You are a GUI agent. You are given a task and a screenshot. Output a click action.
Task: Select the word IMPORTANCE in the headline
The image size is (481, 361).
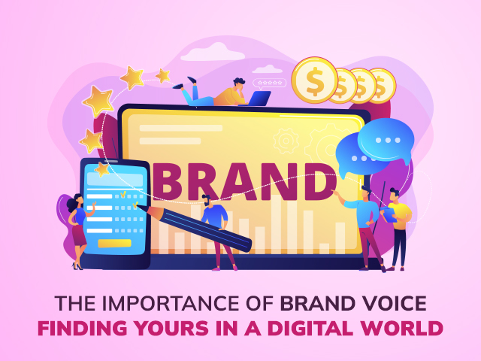pyautogui.click(x=172, y=304)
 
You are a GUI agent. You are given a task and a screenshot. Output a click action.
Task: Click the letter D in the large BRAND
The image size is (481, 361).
pyautogui.click(x=319, y=182)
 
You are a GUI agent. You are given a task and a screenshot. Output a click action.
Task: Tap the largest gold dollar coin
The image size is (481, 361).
pyautogui.click(x=315, y=80)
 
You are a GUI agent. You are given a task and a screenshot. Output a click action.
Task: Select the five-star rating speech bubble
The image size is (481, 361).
pyautogui.click(x=269, y=83)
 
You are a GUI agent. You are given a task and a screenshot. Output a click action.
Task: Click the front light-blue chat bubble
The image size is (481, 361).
pyautogui.click(x=386, y=141)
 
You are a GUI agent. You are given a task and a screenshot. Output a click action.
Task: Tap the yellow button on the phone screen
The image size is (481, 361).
pyautogui.click(x=114, y=244)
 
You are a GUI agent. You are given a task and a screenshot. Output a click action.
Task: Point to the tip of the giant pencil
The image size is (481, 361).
pyautogui.click(x=137, y=205)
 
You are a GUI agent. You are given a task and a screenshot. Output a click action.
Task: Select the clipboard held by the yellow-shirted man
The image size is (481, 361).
pyautogui.click(x=389, y=214)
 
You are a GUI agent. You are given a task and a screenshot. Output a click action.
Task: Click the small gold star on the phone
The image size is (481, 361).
pyautogui.click(x=102, y=169)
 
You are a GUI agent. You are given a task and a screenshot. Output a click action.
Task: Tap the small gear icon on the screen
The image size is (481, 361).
pyautogui.click(x=286, y=141)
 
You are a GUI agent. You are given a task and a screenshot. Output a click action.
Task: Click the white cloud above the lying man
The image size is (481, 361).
pyautogui.click(x=213, y=52)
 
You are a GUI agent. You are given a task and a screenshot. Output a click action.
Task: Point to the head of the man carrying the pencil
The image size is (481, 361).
pyautogui.click(x=207, y=201)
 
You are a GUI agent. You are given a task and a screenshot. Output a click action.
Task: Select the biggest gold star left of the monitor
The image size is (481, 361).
pyautogui.click(x=98, y=101)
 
